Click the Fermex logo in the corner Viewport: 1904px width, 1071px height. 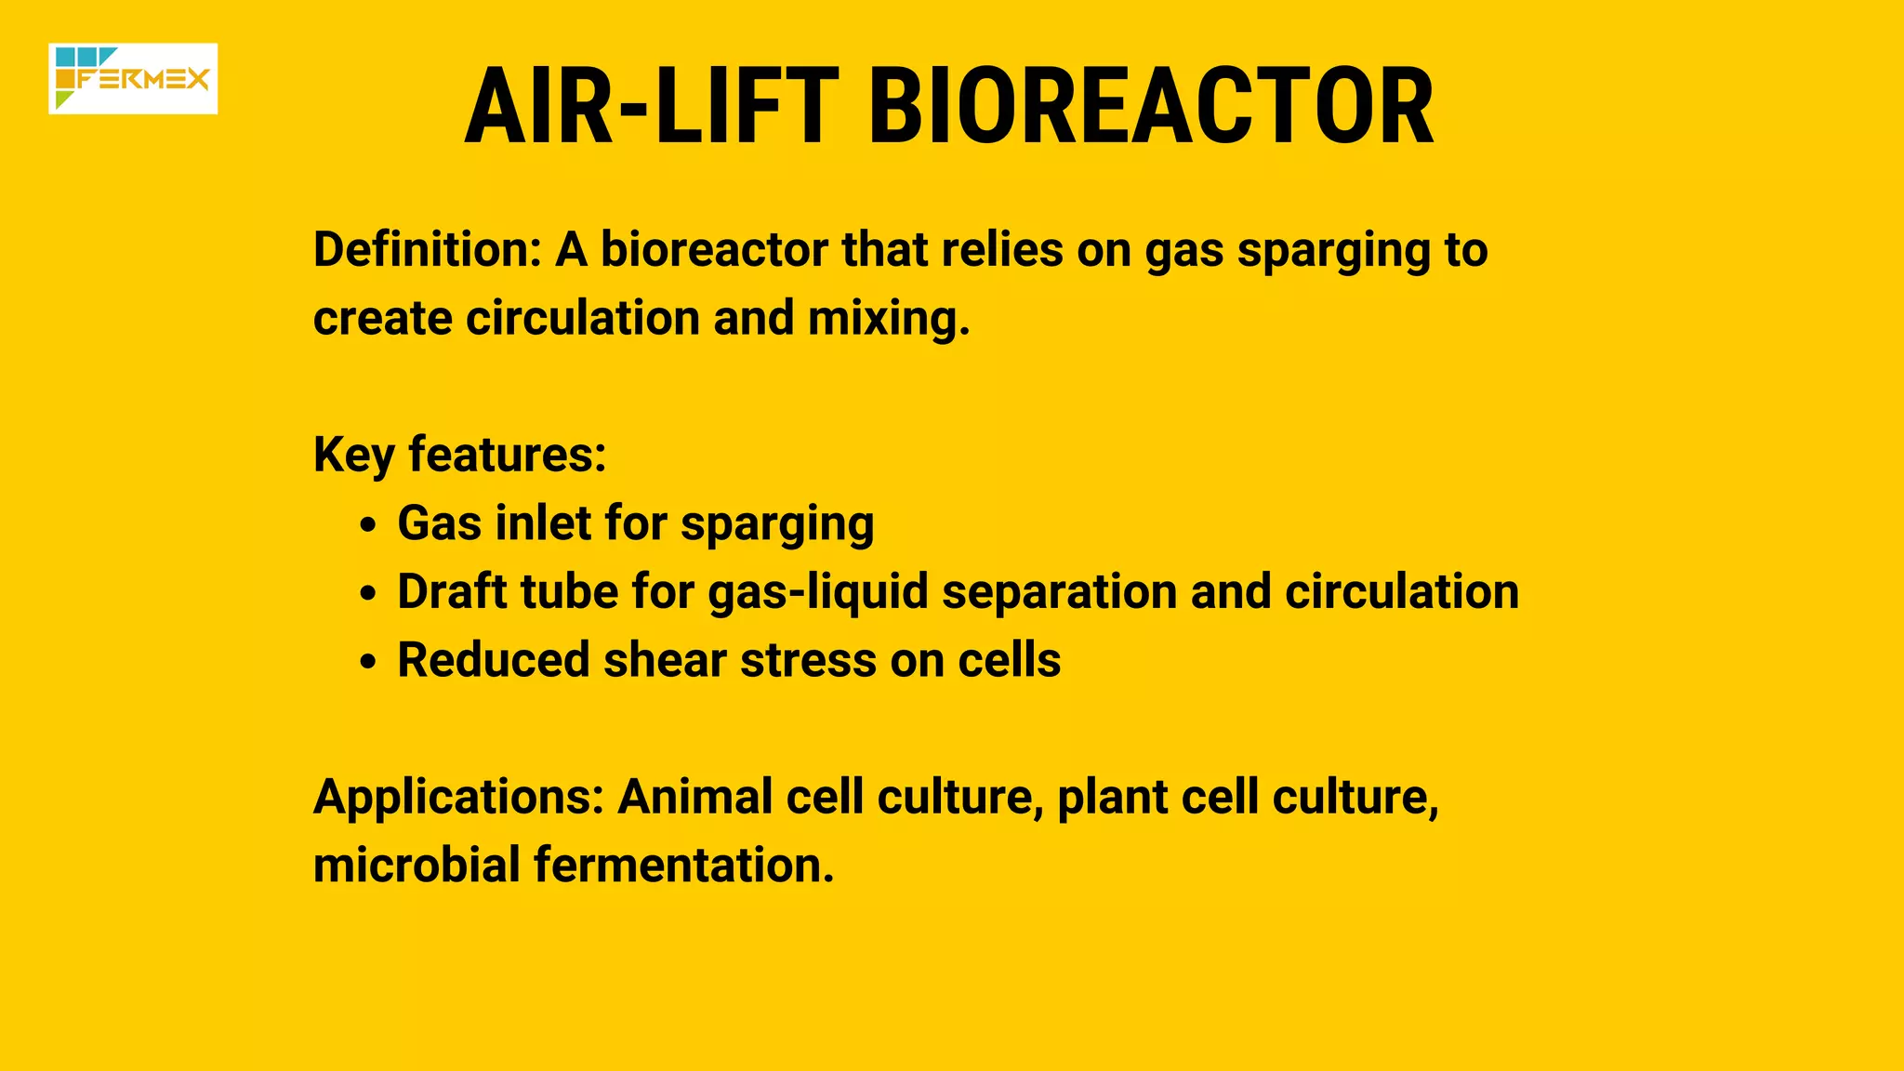pyautogui.click(x=133, y=79)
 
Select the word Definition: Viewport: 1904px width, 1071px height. pyautogui.click(x=427, y=250)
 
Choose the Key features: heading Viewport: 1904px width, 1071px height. pyautogui.click(x=459, y=456)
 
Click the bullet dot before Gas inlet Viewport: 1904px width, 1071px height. pyautogui.click(x=369, y=525)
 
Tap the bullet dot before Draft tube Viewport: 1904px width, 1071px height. pyautogui.click(x=369, y=593)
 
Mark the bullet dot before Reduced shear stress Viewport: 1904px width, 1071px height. pyautogui.click(x=369, y=662)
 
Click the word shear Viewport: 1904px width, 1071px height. pyautogui.click(x=665, y=660)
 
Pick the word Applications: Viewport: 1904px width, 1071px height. pyautogui.click(x=458, y=798)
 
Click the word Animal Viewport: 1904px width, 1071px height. pyautogui.click(x=694, y=797)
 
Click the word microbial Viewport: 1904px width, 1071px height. pyautogui.click(x=416, y=865)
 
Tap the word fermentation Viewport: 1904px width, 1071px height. pyautogui.click(x=683, y=865)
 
